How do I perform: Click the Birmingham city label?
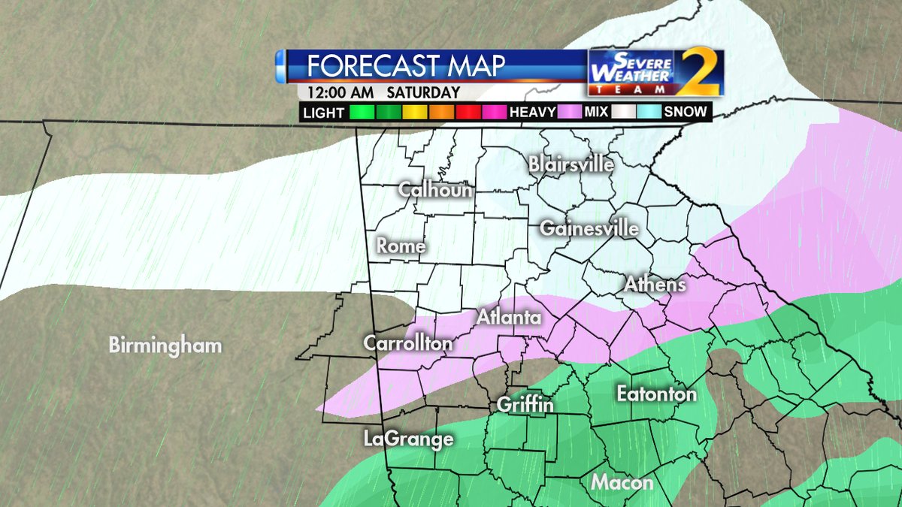165,346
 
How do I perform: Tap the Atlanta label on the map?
509,318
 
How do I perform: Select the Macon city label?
622,482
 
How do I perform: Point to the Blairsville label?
571,164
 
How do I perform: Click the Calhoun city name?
436,189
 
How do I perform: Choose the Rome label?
401,246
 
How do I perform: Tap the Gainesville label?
589,228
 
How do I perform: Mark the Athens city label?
655,284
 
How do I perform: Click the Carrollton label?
408,343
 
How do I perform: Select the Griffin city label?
525,406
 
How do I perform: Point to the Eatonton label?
656,394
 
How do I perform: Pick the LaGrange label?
408,439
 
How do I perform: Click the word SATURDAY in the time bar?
423,93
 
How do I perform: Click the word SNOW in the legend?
685,113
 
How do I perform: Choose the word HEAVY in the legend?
532,113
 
